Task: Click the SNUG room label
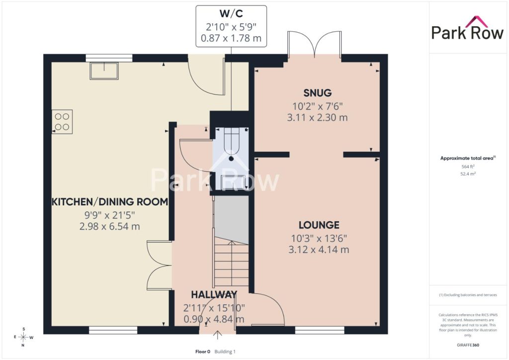pyautogui.click(x=318, y=93)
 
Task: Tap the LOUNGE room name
pyautogui.click(x=319, y=225)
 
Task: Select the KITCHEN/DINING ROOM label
pyautogui.click(x=110, y=201)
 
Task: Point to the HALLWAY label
pyautogui.click(x=214, y=294)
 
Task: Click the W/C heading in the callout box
pyautogui.click(x=231, y=13)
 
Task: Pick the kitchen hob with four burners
pyautogui.click(x=62, y=122)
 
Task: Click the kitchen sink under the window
pyautogui.click(x=104, y=71)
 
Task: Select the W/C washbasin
pyautogui.click(x=233, y=182)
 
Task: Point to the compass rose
pyautogui.click(x=23, y=337)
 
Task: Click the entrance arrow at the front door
pyautogui.click(x=217, y=335)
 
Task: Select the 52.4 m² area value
pyautogui.click(x=468, y=174)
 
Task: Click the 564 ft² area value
pyautogui.click(x=468, y=167)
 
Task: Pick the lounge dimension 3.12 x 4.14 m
pyautogui.click(x=319, y=250)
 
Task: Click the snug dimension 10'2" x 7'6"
pyautogui.click(x=318, y=106)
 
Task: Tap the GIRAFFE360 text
pyautogui.click(x=468, y=345)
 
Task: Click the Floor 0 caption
pyautogui.click(x=203, y=352)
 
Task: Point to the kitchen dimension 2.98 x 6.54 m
pyautogui.click(x=110, y=226)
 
